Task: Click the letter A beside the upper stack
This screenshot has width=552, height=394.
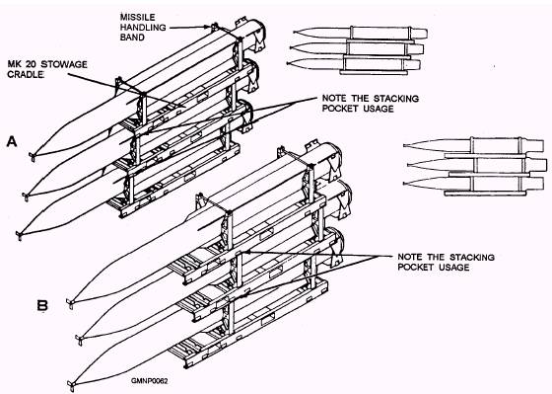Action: tap(12, 141)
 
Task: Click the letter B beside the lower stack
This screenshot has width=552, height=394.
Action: tap(42, 305)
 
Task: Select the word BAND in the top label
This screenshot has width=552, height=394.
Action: tap(132, 38)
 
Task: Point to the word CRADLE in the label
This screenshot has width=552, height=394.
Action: tap(26, 74)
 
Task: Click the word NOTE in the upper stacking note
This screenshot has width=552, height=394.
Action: tap(334, 98)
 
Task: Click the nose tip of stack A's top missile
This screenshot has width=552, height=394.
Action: tap(32, 156)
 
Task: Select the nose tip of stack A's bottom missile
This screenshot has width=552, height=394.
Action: tap(20, 235)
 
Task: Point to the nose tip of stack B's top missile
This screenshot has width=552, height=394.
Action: tap(70, 303)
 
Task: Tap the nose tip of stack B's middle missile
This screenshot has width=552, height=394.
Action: tap(80, 341)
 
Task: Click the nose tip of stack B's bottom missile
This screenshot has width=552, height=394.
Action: tap(71, 385)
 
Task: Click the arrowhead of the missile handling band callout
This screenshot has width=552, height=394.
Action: tap(208, 27)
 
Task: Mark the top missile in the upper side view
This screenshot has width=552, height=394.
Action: tap(360, 34)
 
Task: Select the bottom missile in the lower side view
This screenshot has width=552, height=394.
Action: tap(473, 184)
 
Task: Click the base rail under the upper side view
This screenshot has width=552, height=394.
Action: tap(374, 72)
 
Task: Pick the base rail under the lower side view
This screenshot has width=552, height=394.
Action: tap(485, 194)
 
